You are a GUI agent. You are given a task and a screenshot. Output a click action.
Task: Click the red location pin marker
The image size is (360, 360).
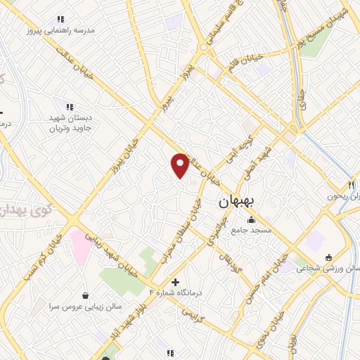coord(180,165)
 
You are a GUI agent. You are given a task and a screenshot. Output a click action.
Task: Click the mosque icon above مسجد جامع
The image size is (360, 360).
coord(252,220)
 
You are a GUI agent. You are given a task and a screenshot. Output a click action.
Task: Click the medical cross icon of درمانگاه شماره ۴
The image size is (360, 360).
coord(174,281)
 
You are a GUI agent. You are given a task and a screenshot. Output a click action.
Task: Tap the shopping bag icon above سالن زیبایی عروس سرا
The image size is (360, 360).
coord(85,295)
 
